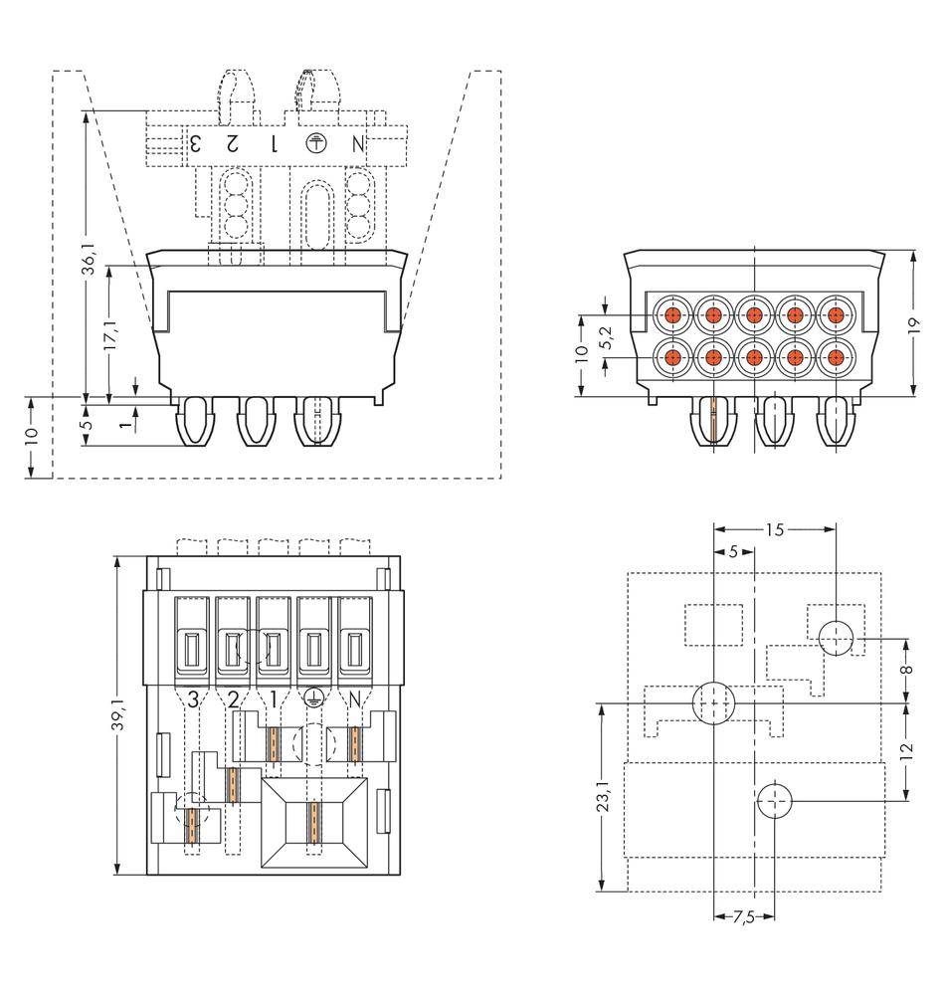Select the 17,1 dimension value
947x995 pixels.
pos(110,334)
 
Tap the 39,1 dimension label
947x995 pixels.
pos(118,712)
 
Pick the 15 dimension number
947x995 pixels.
pos(775,529)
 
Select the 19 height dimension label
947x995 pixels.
pos(914,324)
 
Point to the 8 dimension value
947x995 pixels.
pos(906,669)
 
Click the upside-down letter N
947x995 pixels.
pos(358,143)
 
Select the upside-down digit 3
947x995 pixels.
pos(196,143)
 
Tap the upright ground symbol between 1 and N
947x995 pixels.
pos(312,698)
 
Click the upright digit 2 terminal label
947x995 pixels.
pos(233,698)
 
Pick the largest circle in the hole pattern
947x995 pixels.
pos(714,702)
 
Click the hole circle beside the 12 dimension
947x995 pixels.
pos(776,800)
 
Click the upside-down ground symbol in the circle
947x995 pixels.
pos(314,142)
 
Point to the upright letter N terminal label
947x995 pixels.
pos(353,698)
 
